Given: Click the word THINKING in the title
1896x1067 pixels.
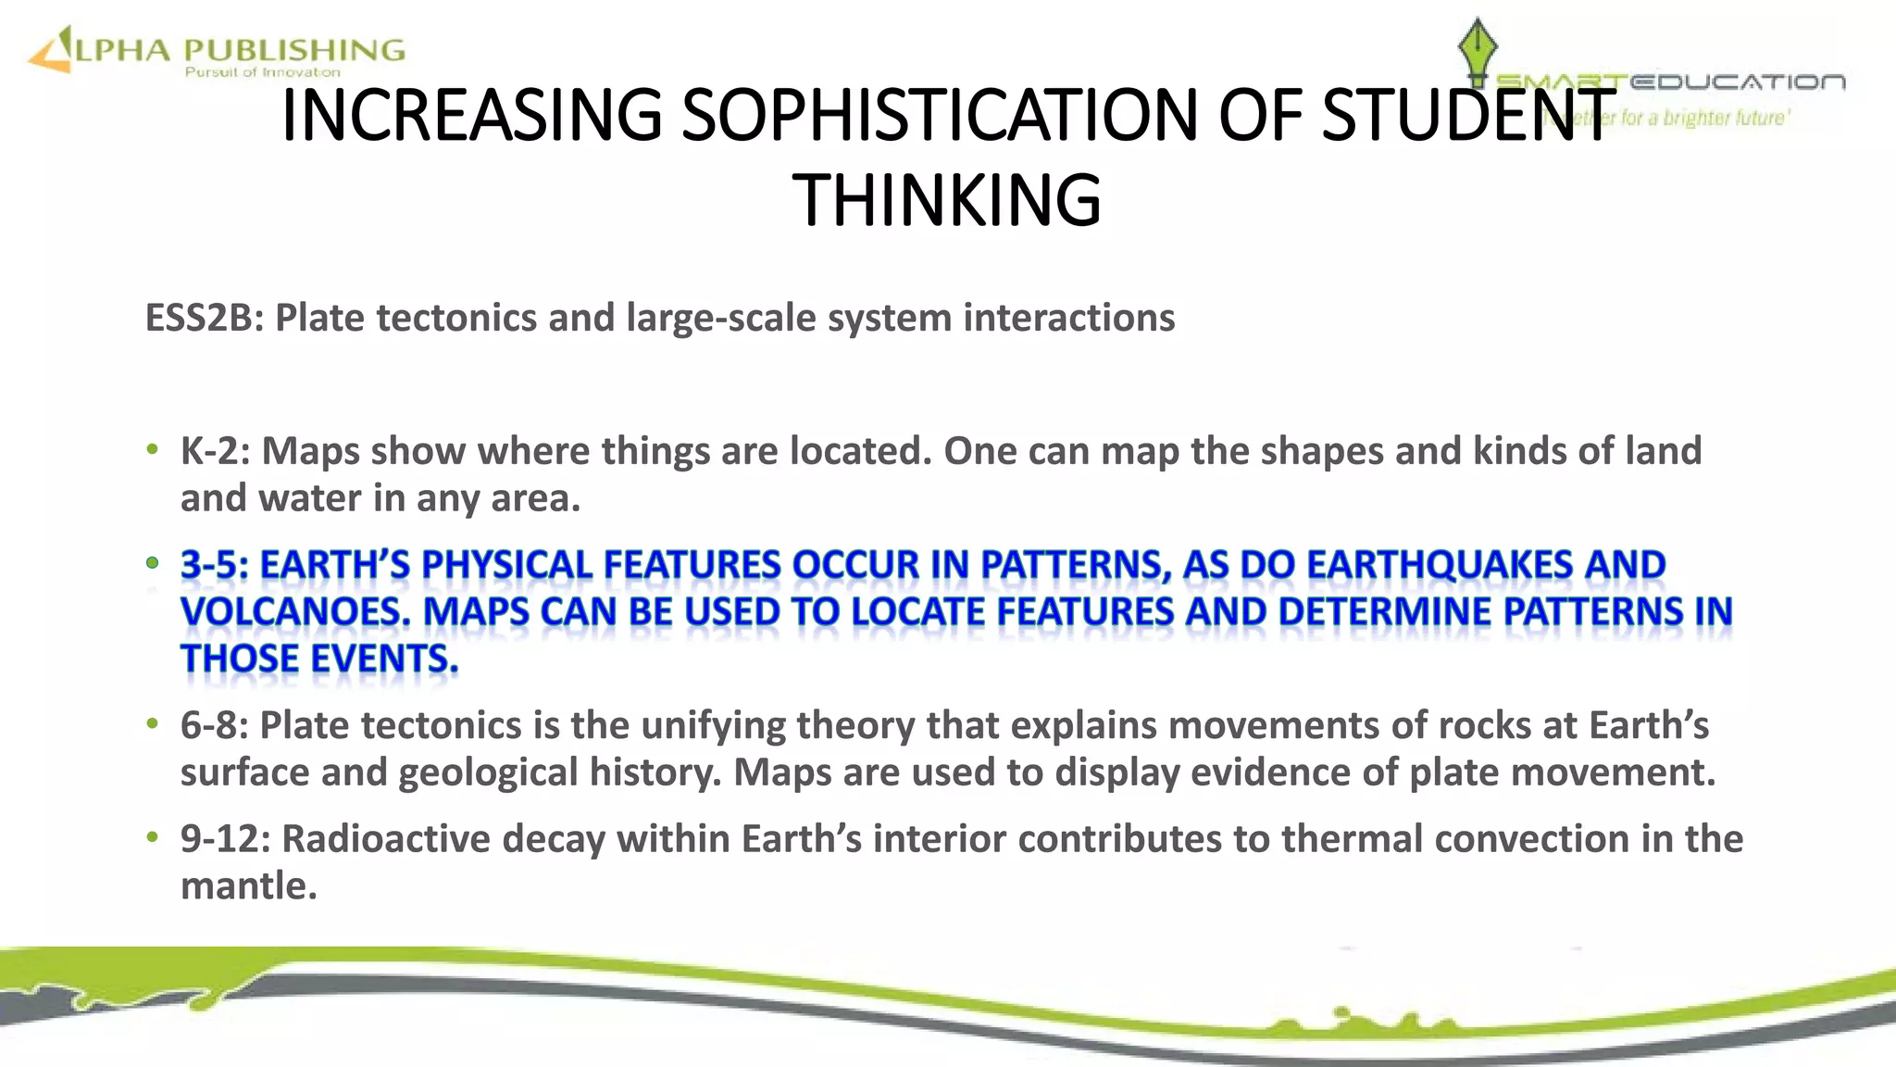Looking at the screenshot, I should (947, 200).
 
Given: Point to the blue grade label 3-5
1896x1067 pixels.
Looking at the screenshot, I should (214, 565).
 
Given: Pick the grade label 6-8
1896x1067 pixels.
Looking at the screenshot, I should (214, 725).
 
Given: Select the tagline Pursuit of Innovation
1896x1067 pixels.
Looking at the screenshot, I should (262, 72).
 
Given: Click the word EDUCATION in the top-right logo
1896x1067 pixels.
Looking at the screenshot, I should (1737, 82).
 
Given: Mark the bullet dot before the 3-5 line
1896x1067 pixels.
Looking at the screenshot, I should (153, 563).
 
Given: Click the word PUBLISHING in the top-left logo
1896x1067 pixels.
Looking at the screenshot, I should (294, 49).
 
